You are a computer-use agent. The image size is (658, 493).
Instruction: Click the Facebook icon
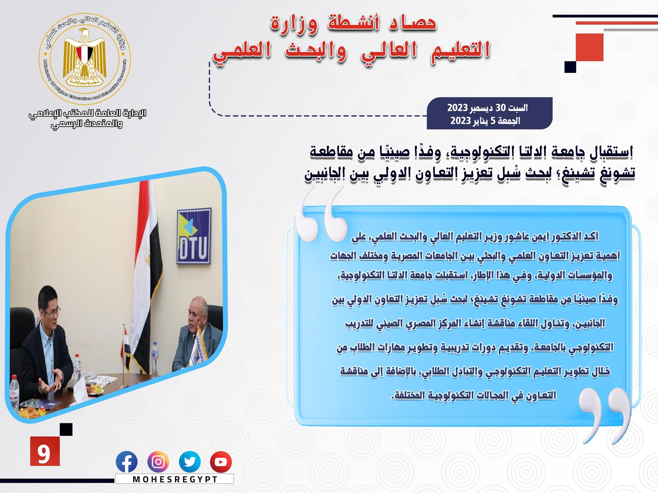127,462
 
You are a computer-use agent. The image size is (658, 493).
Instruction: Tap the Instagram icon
158,462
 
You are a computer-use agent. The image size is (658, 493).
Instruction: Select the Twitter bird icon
190,462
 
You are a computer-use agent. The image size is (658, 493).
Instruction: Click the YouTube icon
221,462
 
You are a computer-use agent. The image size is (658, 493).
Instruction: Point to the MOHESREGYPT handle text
175,479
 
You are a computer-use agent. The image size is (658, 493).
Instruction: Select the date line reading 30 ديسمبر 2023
487,108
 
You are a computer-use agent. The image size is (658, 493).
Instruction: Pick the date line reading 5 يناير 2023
485,121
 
